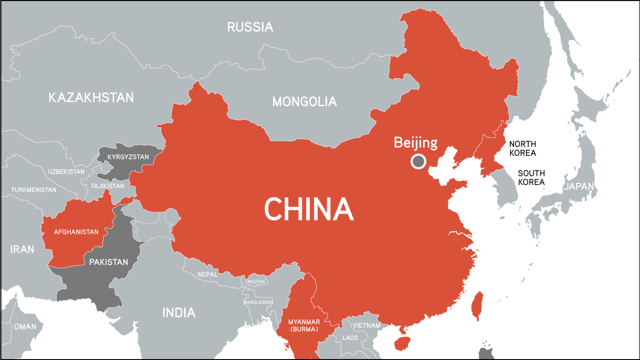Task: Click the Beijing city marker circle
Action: [x=418, y=161]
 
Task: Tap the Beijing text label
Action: [x=415, y=143]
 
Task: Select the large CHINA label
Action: [x=309, y=210]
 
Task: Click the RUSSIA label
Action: [x=250, y=27]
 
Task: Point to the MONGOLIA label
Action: [x=305, y=102]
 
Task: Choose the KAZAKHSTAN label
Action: [x=91, y=97]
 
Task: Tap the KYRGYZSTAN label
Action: [x=128, y=157]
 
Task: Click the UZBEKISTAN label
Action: [x=66, y=172]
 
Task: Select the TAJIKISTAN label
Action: [x=107, y=186]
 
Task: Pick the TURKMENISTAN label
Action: [x=34, y=190]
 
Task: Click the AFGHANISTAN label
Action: [x=76, y=232]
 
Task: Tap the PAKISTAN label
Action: [x=108, y=262]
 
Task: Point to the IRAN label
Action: [x=23, y=249]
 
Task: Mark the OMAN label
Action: [x=25, y=326]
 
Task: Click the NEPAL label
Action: [x=208, y=275]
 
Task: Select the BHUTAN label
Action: [x=256, y=282]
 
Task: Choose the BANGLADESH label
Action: [x=258, y=302]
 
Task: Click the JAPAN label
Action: [x=579, y=186]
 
